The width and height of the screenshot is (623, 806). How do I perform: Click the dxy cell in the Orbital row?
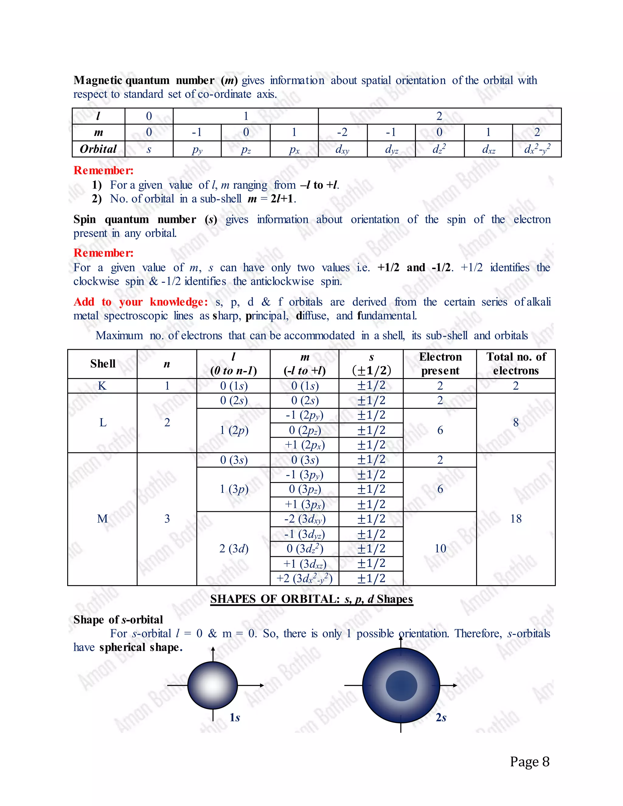point(342,149)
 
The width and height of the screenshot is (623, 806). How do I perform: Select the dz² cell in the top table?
point(439,149)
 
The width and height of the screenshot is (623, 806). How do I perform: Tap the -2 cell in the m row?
point(342,132)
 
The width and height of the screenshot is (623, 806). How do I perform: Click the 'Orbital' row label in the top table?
point(98,149)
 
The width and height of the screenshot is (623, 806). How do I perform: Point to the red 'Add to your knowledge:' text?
point(140,302)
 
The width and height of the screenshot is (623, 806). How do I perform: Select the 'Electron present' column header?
point(440,363)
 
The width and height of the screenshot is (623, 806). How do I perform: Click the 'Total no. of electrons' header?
point(516,363)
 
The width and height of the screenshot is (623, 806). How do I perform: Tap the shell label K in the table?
point(102,386)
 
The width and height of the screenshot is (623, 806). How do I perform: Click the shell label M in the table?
point(102,519)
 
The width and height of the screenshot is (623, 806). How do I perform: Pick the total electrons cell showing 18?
point(516,519)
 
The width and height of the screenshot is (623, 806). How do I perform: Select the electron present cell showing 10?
point(440,548)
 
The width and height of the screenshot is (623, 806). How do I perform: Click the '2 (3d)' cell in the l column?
point(234,548)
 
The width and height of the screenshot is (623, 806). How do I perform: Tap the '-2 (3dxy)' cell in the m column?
point(305,519)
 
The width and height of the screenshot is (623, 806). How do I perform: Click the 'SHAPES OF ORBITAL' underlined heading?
point(311,599)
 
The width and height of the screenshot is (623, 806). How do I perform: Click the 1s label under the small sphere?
point(235,717)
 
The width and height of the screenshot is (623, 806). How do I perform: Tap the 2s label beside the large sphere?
point(441,717)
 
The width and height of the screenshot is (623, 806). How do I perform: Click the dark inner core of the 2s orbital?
point(401,686)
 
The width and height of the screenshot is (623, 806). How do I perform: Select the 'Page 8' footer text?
point(530,761)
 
